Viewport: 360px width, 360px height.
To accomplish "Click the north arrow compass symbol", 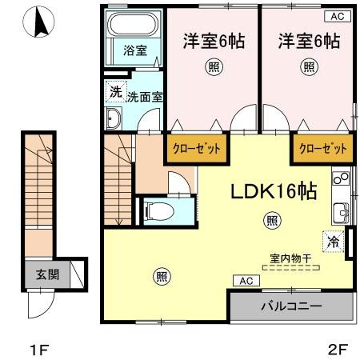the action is [39, 22].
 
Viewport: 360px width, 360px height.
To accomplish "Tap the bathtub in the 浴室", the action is [133, 24].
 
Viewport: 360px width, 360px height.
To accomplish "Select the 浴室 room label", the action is [135, 50].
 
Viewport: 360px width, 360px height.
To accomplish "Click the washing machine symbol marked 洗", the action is [116, 91].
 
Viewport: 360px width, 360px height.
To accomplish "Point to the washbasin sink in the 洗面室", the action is [114, 118].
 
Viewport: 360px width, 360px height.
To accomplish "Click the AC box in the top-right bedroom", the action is [338, 17].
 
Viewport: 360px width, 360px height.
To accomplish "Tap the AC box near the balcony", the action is [246, 281].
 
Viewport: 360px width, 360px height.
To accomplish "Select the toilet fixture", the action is [158, 211].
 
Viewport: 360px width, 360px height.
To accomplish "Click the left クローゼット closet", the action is [197, 149].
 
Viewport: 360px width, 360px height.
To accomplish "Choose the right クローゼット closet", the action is [323, 149].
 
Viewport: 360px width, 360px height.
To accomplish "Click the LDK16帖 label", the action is [274, 191].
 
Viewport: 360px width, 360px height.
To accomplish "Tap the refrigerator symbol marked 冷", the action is [333, 242].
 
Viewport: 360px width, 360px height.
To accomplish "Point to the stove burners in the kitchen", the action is [341, 178].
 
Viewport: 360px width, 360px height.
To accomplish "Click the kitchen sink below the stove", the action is [341, 212].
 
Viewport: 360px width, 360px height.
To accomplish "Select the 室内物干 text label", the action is [290, 258].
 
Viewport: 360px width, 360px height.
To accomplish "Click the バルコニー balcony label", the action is [291, 306].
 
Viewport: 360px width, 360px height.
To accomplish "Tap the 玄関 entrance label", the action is [47, 274].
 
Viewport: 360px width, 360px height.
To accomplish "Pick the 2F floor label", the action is [338, 350].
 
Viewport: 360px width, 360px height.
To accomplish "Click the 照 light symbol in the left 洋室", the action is [214, 66].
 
